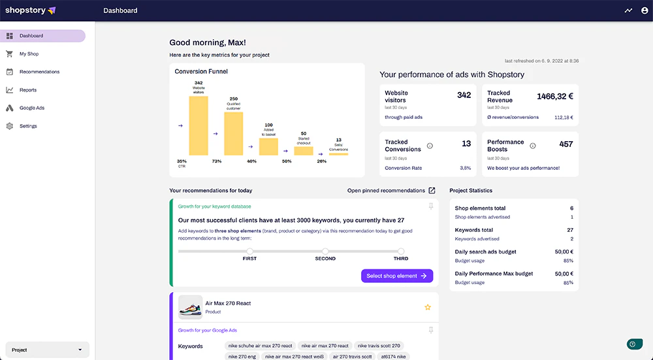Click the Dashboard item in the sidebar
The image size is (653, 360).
point(31,36)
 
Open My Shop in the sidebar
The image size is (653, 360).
point(29,54)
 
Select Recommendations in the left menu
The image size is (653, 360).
point(39,72)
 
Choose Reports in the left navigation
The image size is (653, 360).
point(28,90)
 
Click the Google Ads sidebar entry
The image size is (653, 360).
point(32,108)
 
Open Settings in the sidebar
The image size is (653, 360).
point(28,126)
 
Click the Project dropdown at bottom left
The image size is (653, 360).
point(47,350)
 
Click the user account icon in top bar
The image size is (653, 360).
point(645,10)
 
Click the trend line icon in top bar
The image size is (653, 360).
point(628,10)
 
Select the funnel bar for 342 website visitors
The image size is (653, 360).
point(199,125)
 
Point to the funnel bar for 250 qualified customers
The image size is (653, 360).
point(233,133)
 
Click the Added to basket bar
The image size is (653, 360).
point(268,146)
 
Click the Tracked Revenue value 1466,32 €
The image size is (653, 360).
point(554,96)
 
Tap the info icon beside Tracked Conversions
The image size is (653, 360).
point(430,146)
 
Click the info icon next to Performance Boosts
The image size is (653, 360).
point(532,146)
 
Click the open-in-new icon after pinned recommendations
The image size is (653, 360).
point(432,191)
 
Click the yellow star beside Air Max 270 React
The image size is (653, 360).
point(428,307)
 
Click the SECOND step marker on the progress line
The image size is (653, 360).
point(325,251)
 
